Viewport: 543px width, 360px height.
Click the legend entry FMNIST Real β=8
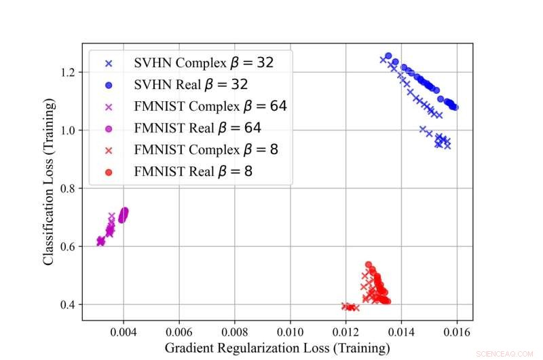183,171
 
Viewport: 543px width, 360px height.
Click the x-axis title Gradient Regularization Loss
278,348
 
